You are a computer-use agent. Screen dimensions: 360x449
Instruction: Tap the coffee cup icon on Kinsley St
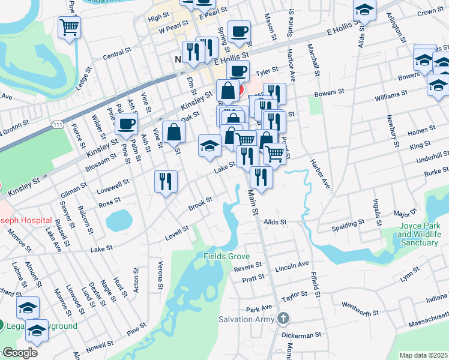point(127,124)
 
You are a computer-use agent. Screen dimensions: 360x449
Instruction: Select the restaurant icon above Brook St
point(165,181)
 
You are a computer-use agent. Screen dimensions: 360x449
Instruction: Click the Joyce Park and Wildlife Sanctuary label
point(417,235)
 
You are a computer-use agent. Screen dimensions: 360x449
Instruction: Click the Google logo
point(19,353)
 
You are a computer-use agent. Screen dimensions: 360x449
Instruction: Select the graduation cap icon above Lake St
point(209,146)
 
